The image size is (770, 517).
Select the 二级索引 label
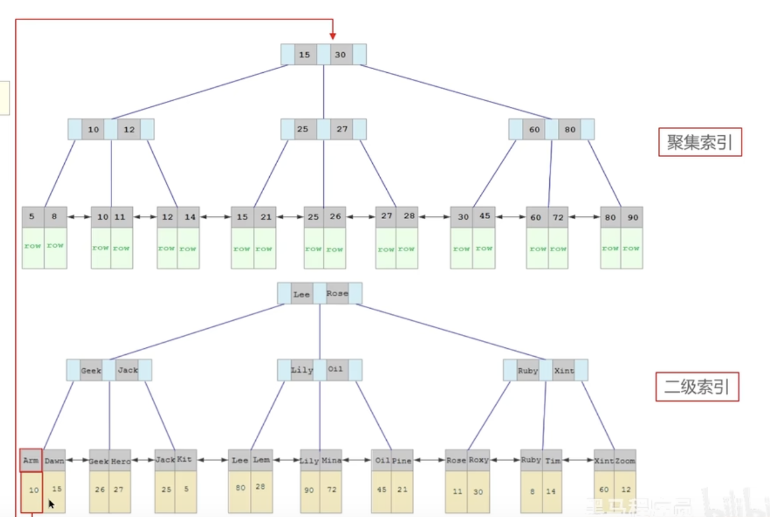click(697, 387)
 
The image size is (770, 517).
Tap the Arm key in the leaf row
click(31, 461)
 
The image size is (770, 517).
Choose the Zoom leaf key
click(625, 461)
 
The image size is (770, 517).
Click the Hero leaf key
click(121, 461)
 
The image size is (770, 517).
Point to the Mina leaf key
click(332, 461)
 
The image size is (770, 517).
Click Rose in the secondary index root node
click(337, 294)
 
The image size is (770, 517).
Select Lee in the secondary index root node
click(301, 294)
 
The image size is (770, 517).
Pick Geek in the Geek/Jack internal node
click(91, 370)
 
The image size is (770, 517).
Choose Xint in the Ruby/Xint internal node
click(563, 370)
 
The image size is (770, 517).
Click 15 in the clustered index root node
click(304, 55)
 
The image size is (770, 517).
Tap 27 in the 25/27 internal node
click(342, 129)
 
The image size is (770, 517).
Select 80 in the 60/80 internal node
click(570, 129)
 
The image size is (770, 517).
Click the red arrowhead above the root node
click(332, 36)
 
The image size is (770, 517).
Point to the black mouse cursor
click(52, 504)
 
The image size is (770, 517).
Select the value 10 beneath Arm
click(34, 489)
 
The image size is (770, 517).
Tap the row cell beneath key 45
click(483, 248)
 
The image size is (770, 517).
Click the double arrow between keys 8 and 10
click(79, 217)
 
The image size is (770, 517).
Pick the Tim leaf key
click(552, 461)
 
